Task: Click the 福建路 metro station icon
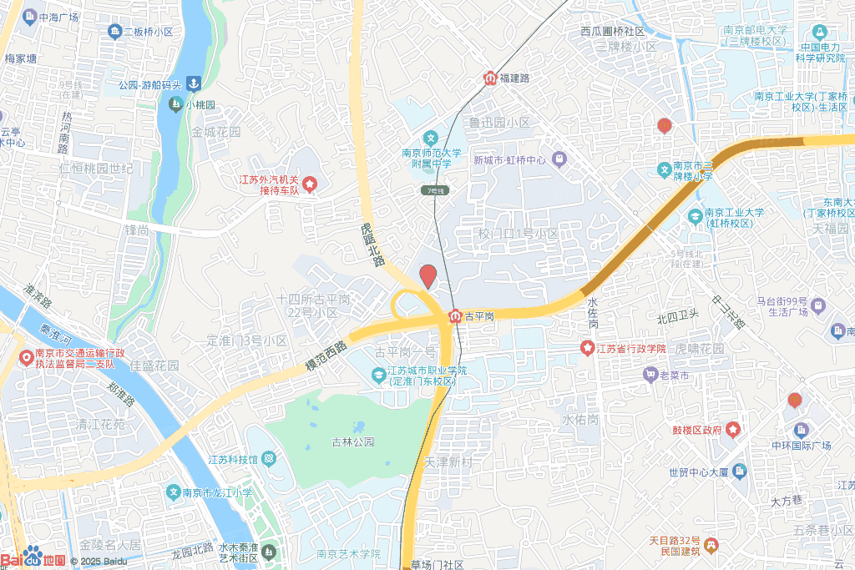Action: coord(489,78)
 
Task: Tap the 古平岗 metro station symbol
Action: coord(456,316)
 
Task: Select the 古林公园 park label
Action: coord(352,441)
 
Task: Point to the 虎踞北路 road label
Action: coord(372,245)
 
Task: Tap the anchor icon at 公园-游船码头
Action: coord(193,83)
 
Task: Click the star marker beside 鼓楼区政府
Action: coord(733,430)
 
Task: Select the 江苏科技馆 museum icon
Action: coord(268,459)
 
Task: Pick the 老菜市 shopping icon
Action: coord(650,375)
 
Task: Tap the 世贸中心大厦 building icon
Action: coord(739,472)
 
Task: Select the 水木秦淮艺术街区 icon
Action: coord(269,552)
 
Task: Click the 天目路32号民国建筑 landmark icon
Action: coord(711,546)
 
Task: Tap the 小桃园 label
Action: coord(200,105)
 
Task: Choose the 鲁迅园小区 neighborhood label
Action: coord(498,123)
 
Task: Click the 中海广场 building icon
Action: coord(30,17)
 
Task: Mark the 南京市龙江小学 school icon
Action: coord(173,492)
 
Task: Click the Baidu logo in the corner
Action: coord(33,557)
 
